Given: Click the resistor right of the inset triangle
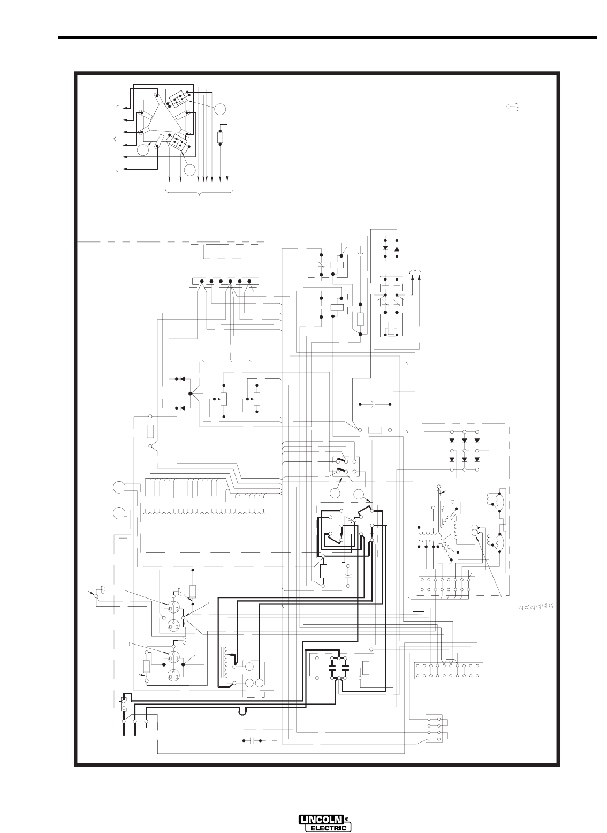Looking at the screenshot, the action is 220,138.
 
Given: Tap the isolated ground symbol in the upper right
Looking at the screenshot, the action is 513,107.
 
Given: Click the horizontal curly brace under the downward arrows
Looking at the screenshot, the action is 199,192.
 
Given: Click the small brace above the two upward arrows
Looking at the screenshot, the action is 415,272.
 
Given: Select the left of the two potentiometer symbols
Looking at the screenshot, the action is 224,399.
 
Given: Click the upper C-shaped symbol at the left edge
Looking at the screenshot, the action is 118,487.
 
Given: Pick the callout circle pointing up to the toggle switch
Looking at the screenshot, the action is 335,494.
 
